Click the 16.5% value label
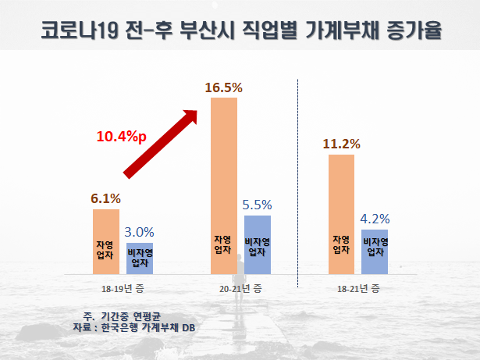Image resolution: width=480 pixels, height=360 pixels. pyautogui.click(x=224, y=87)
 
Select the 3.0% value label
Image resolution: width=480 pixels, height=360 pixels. pyautogui.click(x=140, y=232)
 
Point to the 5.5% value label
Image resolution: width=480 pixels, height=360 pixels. pyautogui.click(x=257, y=205)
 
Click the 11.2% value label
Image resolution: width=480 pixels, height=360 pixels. pyautogui.click(x=341, y=144)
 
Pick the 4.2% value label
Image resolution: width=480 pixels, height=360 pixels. pyautogui.click(x=374, y=219)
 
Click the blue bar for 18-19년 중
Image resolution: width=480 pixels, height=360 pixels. pyautogui.click(x=140, y=258)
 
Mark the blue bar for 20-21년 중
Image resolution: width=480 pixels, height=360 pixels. pyautogui.click(x=257, y=245)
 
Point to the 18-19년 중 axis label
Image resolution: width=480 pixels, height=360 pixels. pyautogui.click(x=122, y=289)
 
